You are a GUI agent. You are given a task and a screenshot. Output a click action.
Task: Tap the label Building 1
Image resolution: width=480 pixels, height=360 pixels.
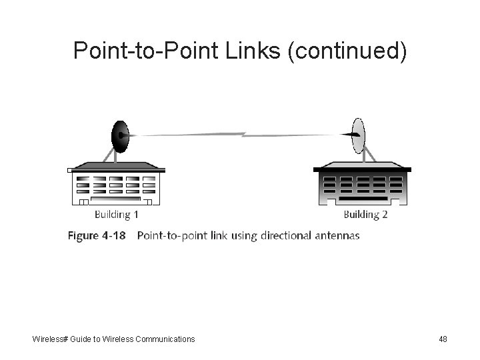click(116, 215)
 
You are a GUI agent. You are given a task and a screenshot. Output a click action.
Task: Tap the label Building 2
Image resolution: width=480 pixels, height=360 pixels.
click(365, 215)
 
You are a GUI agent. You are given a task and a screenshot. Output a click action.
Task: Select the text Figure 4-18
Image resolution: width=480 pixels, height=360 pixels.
click(96, 235)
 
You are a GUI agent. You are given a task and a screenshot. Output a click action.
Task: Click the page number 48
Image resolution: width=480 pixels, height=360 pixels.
click(443, 339)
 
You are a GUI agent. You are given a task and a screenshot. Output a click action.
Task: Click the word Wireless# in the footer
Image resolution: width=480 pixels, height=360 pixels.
click(50, 339)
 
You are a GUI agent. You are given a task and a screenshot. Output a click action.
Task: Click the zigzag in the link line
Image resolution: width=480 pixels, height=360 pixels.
click(244, 135)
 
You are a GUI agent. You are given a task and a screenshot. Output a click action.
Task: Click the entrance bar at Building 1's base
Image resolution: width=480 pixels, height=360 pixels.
click(117, 199)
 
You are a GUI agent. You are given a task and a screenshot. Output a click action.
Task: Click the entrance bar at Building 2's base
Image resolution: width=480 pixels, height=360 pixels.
click(363, 199)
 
